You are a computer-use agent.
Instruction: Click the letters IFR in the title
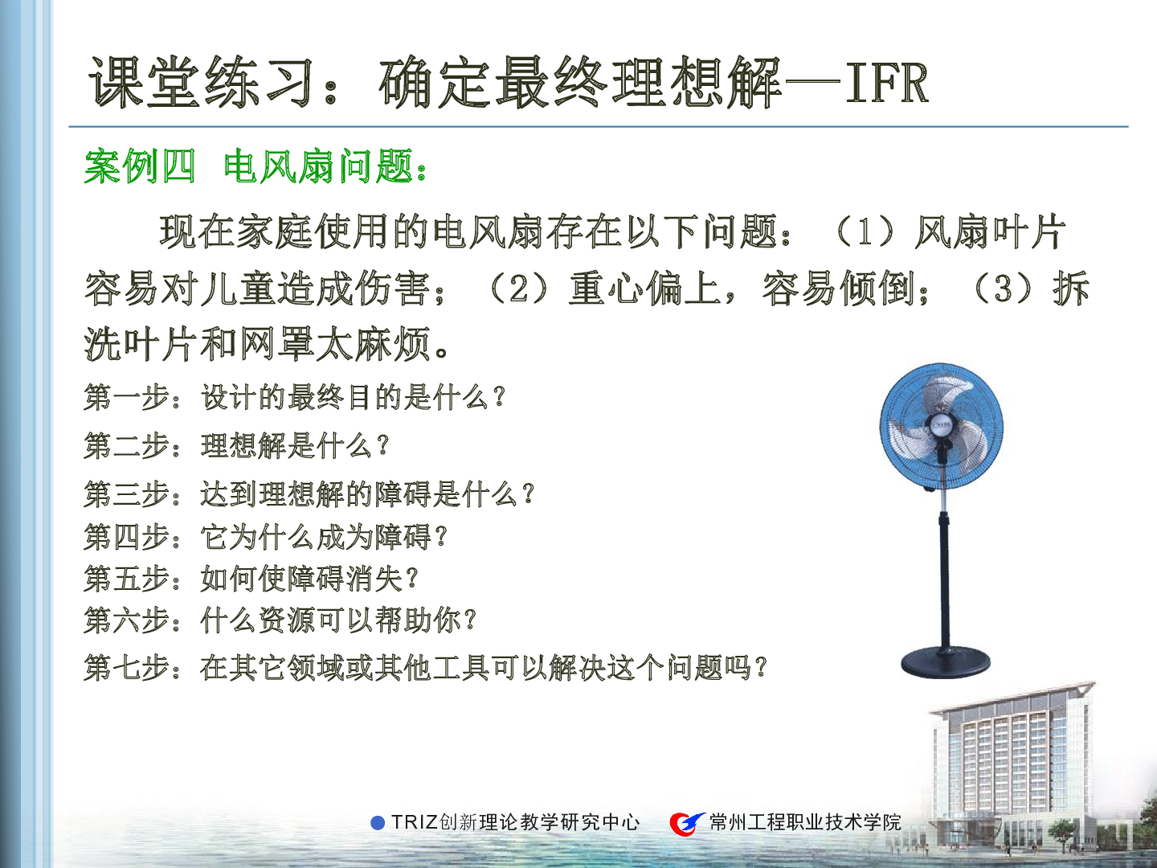tap(886, 83)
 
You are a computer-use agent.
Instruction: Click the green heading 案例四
tap(140, 166)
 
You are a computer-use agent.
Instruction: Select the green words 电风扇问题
tap(318, 166)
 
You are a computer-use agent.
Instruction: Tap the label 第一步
tap(126, 397)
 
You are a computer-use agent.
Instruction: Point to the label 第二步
tap(126, 446)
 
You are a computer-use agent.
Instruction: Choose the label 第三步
tap(126, 494)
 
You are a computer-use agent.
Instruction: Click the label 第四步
tap(126, 538)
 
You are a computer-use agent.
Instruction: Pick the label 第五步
tap(126, 579)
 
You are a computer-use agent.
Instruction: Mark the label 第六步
tap(126, 620)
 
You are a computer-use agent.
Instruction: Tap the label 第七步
tap(126, 668)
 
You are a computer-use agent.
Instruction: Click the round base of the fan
tap(946, 662)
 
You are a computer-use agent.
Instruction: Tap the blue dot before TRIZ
tap(378, 823)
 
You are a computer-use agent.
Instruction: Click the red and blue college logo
tap(687, 823)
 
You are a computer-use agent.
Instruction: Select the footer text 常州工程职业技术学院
tap(805, 823)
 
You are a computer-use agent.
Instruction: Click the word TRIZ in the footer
tap(415, 823)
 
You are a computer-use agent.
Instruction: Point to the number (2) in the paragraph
tap(519, 289)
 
